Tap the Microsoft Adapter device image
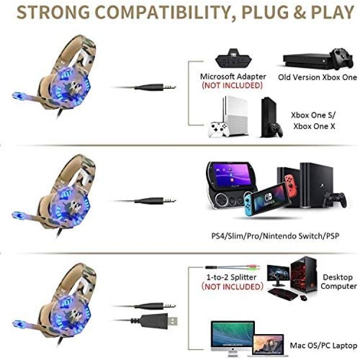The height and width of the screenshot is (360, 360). coord(233,58)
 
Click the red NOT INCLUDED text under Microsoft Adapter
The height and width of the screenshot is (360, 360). coord(232,85)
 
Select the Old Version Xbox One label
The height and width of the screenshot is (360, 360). coord(318,77)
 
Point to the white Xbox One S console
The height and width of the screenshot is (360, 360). coord(236,116)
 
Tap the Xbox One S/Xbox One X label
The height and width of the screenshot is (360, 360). coord(313,120)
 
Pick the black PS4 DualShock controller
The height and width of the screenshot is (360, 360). coord(335,200)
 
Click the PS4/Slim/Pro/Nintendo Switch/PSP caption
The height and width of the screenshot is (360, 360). coord(275,236)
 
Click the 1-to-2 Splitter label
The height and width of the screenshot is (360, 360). coord(231,277)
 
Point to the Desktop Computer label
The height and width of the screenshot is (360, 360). coord(338,281)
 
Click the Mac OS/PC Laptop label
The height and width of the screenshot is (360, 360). coord(324,345)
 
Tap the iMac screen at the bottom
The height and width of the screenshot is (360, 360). coord(233,334)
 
